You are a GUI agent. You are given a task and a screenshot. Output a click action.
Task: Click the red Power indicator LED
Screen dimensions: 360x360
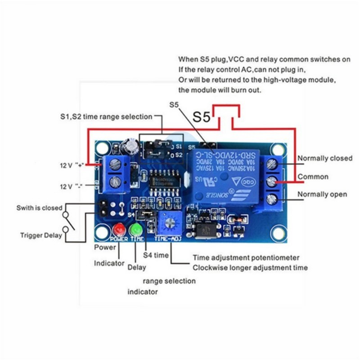coord(118,228)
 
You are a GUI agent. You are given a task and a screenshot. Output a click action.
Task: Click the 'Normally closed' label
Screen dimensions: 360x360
coord(324,158)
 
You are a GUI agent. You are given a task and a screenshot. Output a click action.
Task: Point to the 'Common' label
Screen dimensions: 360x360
coord(313,177)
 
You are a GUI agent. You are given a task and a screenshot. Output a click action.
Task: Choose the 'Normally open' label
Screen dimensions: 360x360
coord(322,194)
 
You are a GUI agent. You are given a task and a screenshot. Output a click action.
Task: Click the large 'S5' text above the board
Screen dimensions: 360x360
coord(201,117)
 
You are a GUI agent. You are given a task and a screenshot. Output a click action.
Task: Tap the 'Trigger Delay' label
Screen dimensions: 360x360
coord(40,235)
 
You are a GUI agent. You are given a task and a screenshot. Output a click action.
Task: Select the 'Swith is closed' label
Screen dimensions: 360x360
coord(40,208)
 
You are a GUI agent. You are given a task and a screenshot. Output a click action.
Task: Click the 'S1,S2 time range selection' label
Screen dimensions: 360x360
coord(106,117)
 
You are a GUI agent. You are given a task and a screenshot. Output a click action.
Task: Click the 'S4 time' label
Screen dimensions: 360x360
coord(156,255)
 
